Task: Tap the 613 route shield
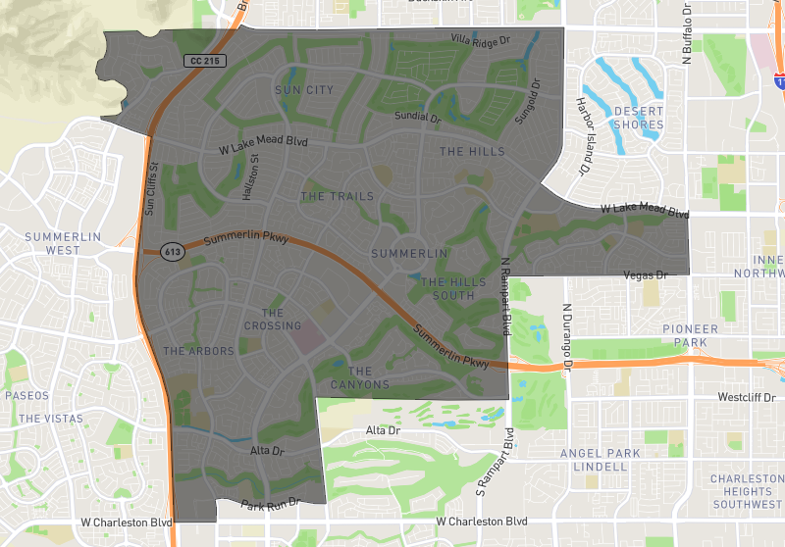coord(173,252)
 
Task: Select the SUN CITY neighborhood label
coord(304,90)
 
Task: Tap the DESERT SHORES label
coord(638,118)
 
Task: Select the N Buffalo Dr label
coord(688,35)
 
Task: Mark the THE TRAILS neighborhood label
coord(337,197)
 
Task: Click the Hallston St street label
coord(250,176)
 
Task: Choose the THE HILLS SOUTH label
coord(453,288)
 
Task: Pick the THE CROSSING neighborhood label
coord(273,320)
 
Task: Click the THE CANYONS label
coord(360,377)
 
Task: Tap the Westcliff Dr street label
coord(754,398)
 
